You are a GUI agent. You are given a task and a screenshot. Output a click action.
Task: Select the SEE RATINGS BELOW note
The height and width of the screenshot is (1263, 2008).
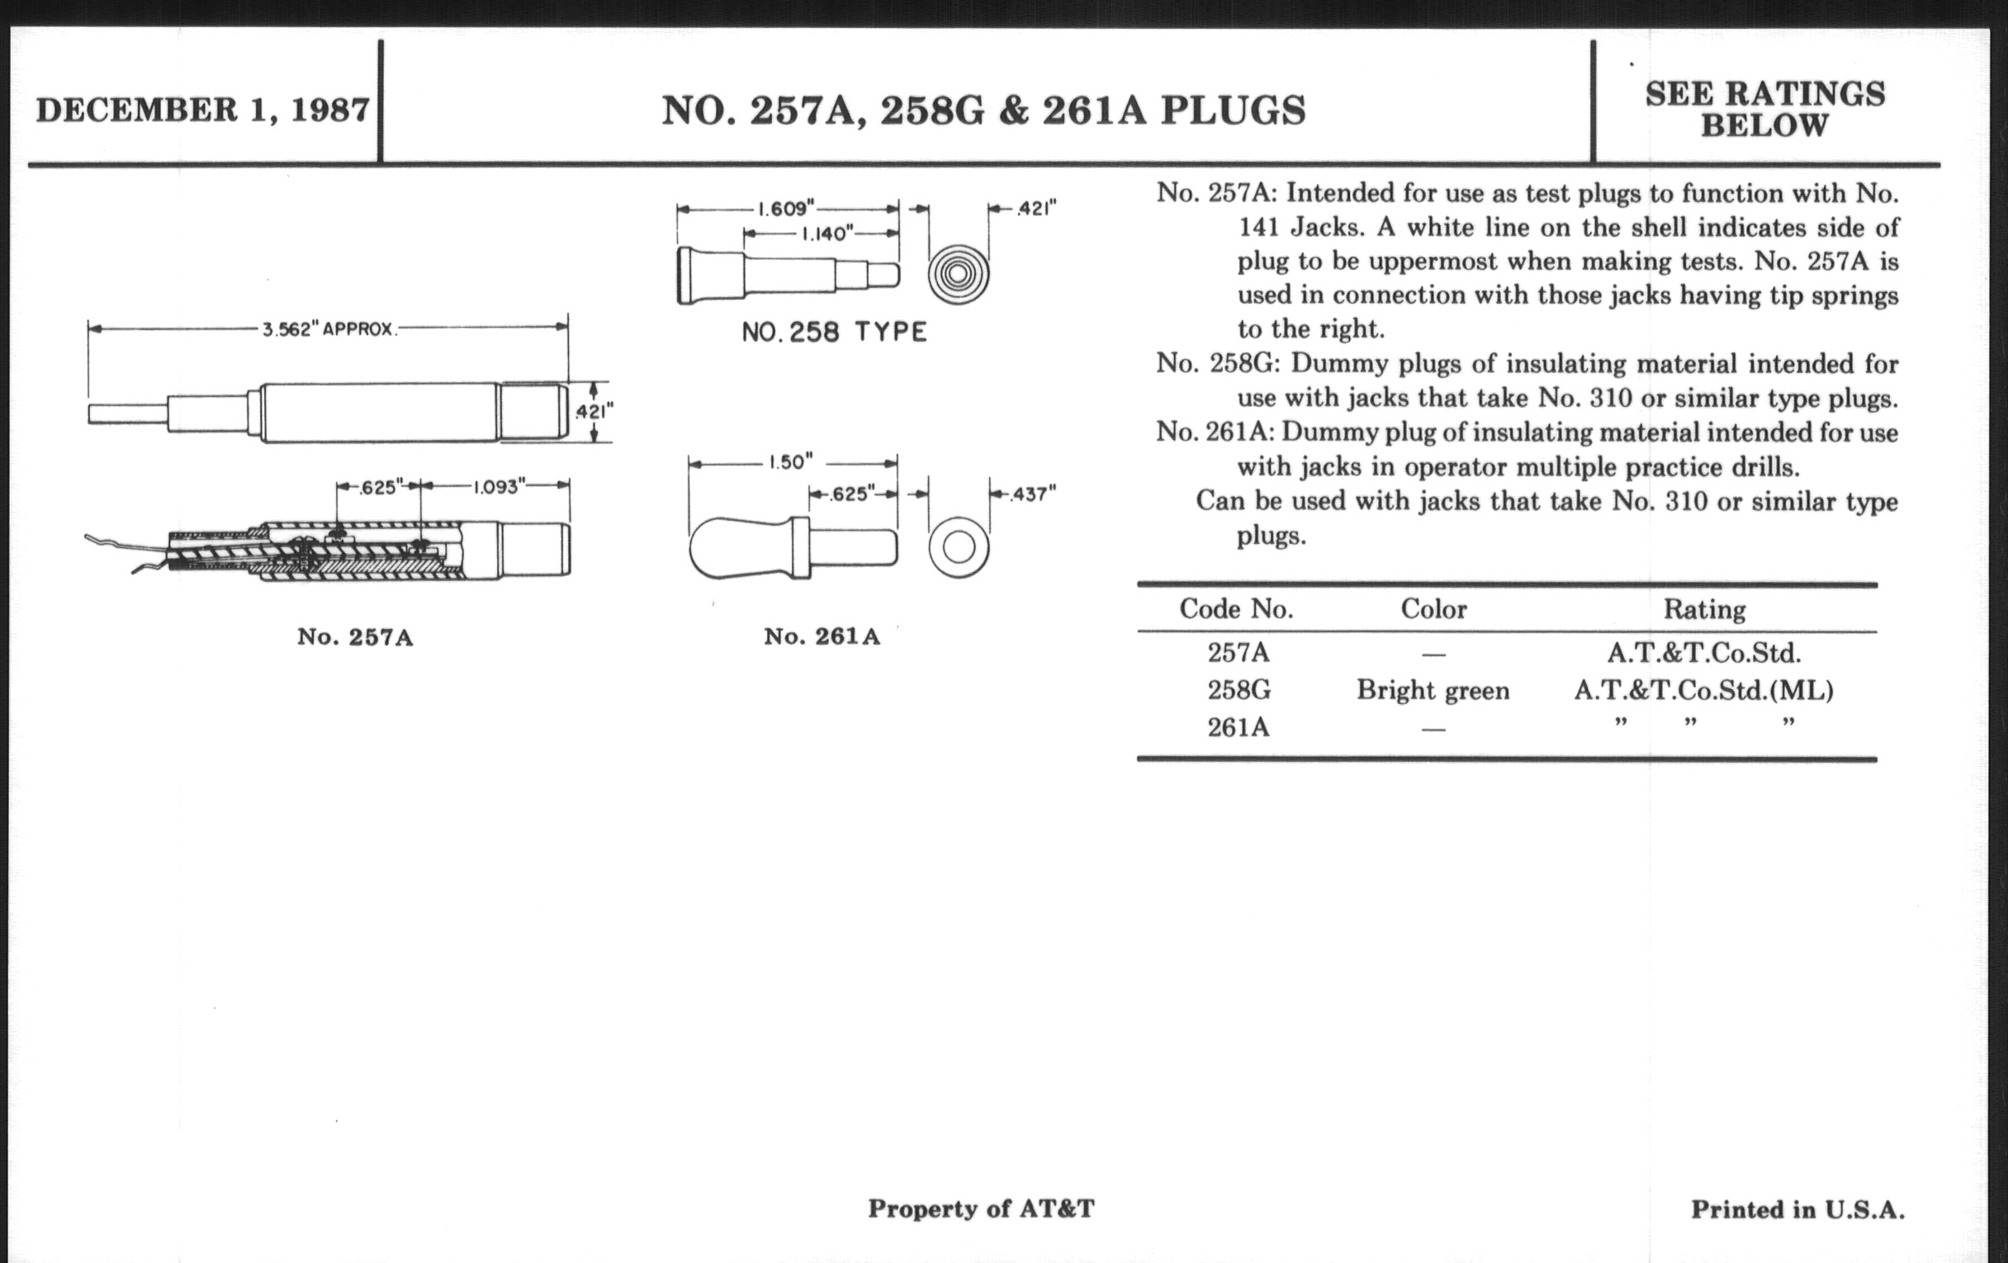tap(1764, 109)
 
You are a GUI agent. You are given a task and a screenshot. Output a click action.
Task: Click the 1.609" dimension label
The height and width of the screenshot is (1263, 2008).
tap(784, 208)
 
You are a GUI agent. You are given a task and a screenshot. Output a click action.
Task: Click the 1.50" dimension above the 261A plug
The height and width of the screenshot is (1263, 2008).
tap(790, 462)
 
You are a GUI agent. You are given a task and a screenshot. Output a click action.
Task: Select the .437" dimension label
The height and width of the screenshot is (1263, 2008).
tap(1032, 494)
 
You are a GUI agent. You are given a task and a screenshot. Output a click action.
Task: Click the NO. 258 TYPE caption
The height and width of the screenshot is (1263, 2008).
tap(834, 333)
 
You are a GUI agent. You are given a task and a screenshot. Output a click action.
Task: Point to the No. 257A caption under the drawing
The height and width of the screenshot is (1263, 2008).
tap(355, 638)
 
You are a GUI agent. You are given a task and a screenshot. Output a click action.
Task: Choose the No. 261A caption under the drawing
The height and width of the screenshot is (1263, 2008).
tap(822, 637)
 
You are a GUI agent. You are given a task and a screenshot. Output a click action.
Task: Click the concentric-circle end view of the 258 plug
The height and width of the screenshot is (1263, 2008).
tap(958, 273)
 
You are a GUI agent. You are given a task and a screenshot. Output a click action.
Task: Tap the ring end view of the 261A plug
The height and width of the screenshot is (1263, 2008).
tap(959, 549)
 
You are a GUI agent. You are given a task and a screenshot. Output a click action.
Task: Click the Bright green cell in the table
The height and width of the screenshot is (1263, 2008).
tap(1433, 690)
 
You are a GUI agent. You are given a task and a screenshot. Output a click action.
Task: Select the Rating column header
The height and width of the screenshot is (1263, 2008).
tap(1703, 609)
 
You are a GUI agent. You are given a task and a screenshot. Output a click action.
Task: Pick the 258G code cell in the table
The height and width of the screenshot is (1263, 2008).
tap(1238, 690)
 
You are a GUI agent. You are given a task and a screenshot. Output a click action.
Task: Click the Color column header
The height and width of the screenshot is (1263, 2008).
tap(1433, 609)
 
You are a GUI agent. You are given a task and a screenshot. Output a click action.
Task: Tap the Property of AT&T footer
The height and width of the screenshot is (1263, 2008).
tap(981, 1209)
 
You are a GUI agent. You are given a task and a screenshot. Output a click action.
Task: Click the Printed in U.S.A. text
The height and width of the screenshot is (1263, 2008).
tap(1797, 1209)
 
